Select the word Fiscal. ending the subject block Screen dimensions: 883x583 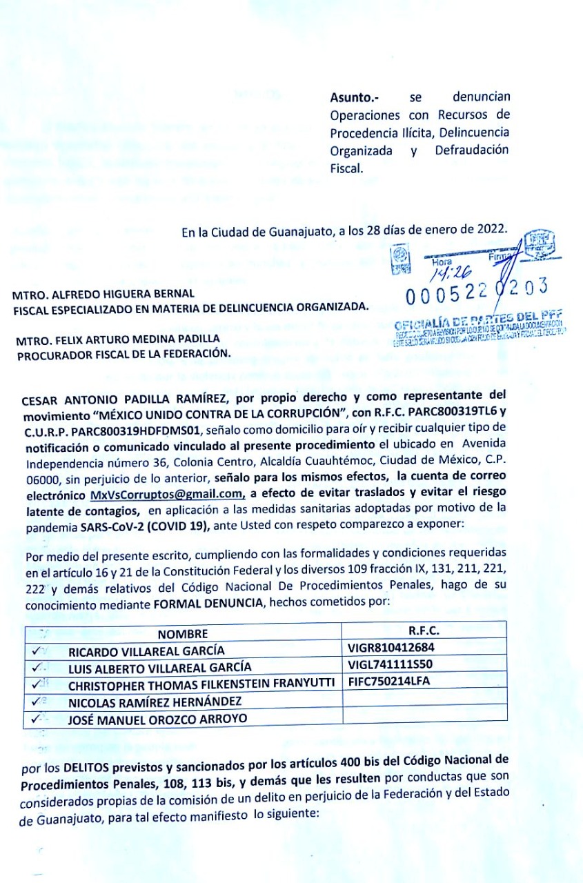(346, 168)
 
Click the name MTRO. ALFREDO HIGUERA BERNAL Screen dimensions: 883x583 (103, 293)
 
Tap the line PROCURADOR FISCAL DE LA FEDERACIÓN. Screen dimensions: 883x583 (123, 354)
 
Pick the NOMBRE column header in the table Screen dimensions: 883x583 (182, 634)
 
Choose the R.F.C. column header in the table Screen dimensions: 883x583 (424, 631)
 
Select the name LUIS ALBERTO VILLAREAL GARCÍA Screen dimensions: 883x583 (159, 668)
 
